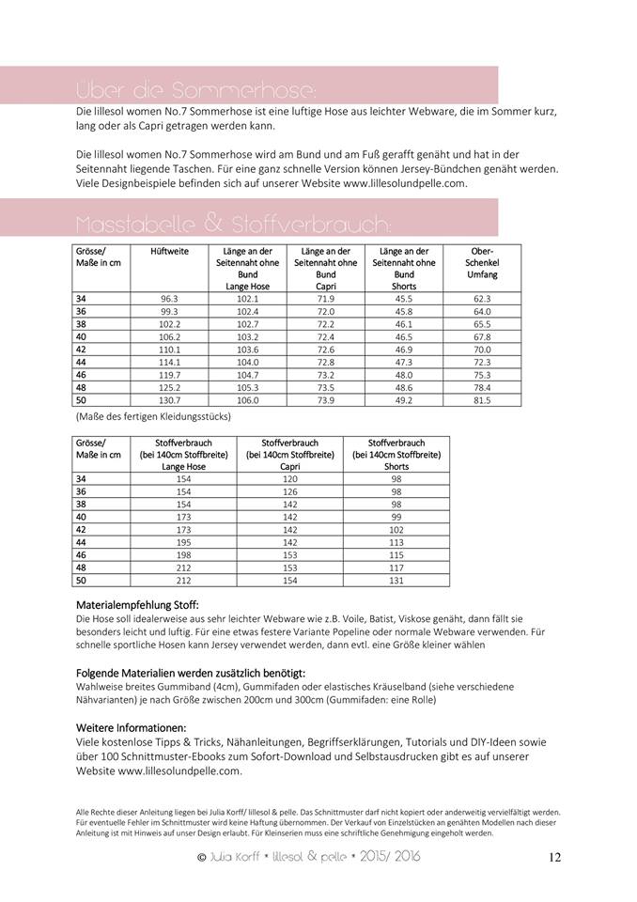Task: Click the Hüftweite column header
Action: tap(169, 252)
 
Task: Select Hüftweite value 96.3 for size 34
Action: tap(169, 298)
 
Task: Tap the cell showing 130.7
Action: tap(169, 399)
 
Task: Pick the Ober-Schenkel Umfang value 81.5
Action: tap(482, 399)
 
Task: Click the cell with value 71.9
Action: tap(326, 298)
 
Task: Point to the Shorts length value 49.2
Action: tap(404, 399)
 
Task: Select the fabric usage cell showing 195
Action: tap(183, 542)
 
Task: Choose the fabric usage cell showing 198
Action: tap(183, 554)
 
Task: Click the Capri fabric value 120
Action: tap(289, 478)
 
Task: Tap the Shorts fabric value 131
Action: tap(396, 580)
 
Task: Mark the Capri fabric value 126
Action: tap(289, 491)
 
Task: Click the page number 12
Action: tap(554, 857)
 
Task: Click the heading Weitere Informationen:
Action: tap(131, 727)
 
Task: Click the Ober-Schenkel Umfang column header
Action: tap(482, 263)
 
